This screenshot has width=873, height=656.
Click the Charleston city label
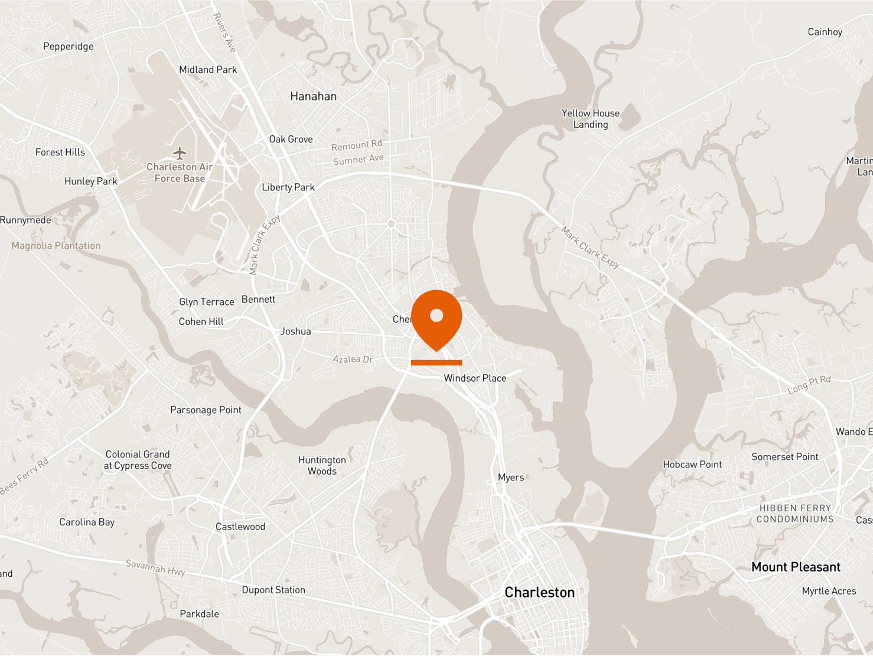tap(539, 592)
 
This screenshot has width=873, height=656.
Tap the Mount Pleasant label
tap(796, 567)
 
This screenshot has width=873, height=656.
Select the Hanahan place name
tap(313, 96)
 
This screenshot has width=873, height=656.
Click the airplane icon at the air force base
tap(180, 153)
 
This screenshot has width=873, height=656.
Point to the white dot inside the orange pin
tap(436, 315)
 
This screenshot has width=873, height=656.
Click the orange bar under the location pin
tap(436, 362)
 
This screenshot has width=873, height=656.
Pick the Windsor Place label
tap(475, 378)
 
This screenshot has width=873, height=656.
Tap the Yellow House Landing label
tap(591, 119)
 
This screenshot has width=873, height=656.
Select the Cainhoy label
tap(825, 32)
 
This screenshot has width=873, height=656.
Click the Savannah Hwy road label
tap(155, 567)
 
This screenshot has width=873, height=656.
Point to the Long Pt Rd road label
tap(809, 385)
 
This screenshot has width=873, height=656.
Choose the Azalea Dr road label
tap(353, 359)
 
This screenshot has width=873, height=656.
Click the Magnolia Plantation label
tap(56, 246)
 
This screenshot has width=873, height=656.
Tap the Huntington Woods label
tap(322, 465)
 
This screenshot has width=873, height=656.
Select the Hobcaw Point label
tap(692, 465)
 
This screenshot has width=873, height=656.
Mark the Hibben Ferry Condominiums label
tap(795, 514)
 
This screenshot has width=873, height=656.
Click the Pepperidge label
tap(68, 47)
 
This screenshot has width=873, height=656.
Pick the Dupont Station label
tap(273, 590)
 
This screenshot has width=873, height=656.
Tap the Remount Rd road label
tap(356, 145)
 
